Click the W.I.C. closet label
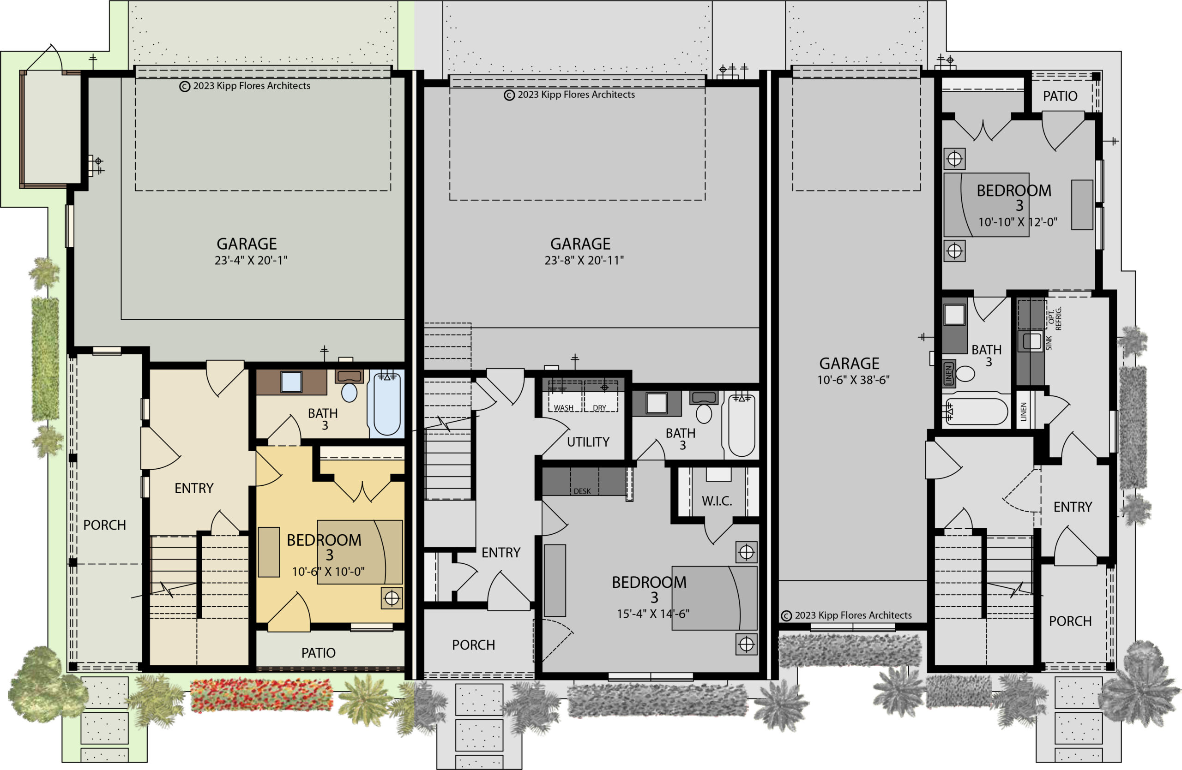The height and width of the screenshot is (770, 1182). tap(717, 501)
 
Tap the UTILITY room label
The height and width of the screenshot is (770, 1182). tap(588, 442)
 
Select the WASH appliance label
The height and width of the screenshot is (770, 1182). tap(564, 408)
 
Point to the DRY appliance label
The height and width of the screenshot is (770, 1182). tap(599, 408)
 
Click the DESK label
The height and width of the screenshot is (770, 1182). tap(582, 491)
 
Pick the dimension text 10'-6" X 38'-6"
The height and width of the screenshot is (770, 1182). tap(853, 380)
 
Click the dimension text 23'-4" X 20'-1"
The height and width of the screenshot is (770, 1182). tap(251, 261)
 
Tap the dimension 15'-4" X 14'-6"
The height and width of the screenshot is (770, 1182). tap(652, 614)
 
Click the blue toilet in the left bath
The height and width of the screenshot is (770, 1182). tap(349, 392)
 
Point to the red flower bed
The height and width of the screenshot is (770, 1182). tap(261, 695)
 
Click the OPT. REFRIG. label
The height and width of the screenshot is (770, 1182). tap(1055, 318)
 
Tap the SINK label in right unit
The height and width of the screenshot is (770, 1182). tap(1049, 343)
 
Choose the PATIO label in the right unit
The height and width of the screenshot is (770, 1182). tap(1060, 96)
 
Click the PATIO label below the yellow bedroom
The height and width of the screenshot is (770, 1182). tap(318, 653)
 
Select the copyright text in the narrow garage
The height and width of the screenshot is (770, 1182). tap(846, 615)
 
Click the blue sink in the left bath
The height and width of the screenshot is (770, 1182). tap(291, 382)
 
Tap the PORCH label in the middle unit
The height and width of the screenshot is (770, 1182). tap(473, 645)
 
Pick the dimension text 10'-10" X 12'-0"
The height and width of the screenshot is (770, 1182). tap(1018, 222)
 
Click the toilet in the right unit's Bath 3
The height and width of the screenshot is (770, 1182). tap(965, 373)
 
